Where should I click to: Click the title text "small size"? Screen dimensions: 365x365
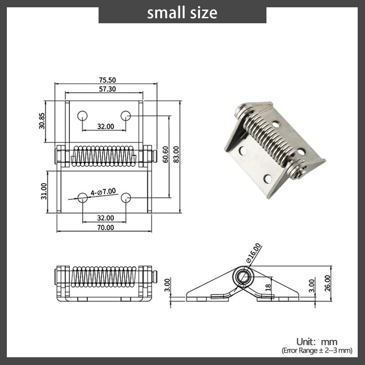pos(182,12)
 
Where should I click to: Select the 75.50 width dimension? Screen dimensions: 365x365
pos(107,80)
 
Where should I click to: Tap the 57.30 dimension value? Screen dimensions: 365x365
pos(107,89)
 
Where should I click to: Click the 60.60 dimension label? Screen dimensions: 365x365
pos(165,155)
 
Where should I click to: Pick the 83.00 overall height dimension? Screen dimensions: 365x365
pos(176,155)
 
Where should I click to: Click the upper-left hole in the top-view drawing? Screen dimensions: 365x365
pos(83,116)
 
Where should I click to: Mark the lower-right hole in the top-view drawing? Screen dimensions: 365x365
pos(126,198)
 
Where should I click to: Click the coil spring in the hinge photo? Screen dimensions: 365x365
pos(268,136)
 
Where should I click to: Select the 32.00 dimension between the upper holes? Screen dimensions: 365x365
pos(105,126)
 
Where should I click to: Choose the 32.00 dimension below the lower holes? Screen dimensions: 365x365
pos(105,218)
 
